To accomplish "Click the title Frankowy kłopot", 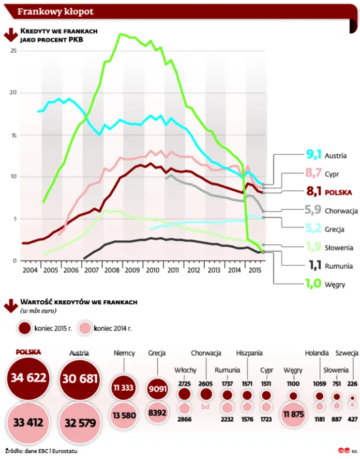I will coord(56,12).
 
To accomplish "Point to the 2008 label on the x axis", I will coord(111,270).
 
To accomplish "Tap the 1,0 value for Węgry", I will coord(313,283).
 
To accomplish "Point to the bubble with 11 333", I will coord(124,387).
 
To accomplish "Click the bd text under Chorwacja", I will coord(206,407).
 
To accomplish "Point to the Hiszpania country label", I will coord(249,353).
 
